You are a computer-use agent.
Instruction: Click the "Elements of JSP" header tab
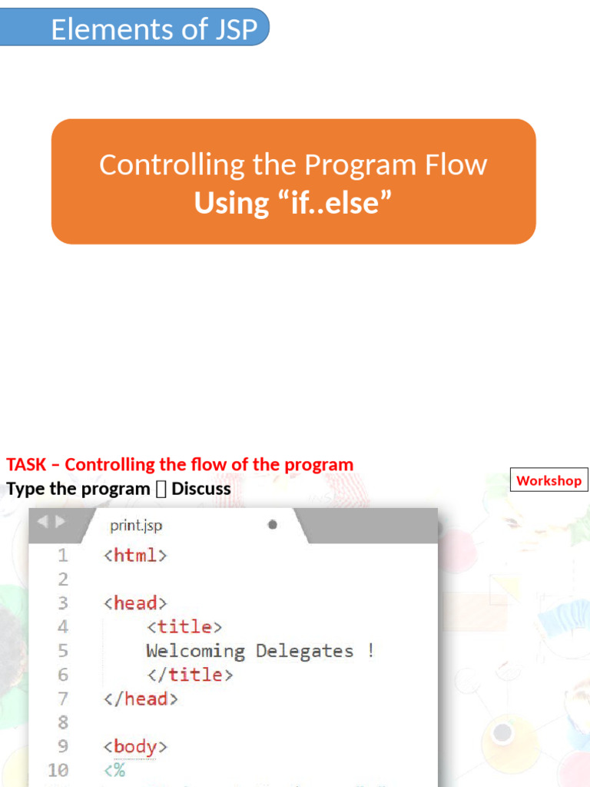(x=154, y=29)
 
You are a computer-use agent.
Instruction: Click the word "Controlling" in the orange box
(x=159, y=164)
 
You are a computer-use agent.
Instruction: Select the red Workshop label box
(x=549, y=480)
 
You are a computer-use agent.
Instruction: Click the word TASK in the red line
(x=26, y=464)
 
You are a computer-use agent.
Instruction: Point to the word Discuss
(x=201, y=489)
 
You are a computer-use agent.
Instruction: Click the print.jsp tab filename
(x=136, y=526)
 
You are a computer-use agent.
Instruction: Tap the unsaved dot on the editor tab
(x=272, y=525)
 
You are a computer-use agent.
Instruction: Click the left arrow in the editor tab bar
(x=41, y=522)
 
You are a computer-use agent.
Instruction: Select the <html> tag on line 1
(x=135, y=555)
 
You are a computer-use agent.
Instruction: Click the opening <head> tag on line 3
(x=135, y=603)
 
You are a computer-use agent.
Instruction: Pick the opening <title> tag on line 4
(x=184, y=627)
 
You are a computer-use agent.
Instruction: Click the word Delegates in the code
(x=304, y=651)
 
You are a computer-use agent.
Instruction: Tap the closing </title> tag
(x=190, y=675)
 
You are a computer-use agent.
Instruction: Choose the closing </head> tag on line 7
(x=141, y=699)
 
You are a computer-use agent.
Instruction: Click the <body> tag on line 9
(x=135, y=746)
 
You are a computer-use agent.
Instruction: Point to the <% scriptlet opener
(x=114, y=770)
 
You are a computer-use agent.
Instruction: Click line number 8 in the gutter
(x=62, y=722)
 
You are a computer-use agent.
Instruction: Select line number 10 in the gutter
(x=58, y=770)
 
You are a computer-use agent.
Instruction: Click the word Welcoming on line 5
(x=195, y=651)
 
